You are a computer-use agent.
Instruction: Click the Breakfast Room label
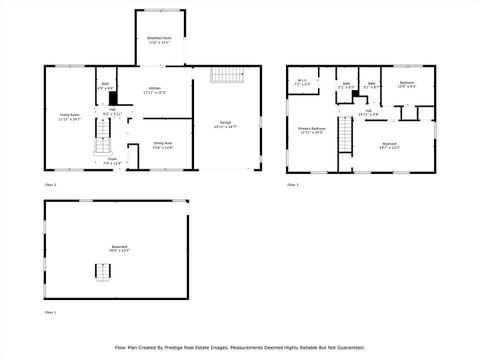pos(159,40)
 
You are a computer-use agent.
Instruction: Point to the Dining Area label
pos(161,146)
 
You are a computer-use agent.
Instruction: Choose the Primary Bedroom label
pos(311,130)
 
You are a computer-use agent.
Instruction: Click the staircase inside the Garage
pos(226,79)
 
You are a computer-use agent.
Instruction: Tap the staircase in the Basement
pos(102,271)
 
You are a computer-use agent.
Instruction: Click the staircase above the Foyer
pos(102,144)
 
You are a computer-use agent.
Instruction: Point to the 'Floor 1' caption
pos(50,313)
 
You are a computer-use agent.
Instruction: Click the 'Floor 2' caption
pos(50,185)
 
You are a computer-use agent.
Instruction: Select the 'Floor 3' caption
pos(292,185)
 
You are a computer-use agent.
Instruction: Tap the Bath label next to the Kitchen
pos(105,86)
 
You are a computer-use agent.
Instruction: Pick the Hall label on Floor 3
pos(368,112)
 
